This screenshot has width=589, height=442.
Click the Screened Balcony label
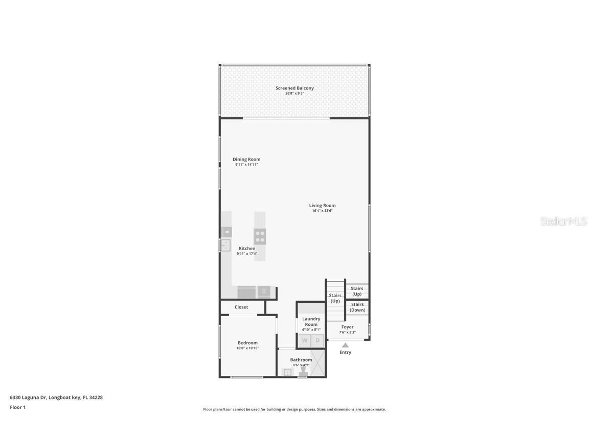[x=294, y=88]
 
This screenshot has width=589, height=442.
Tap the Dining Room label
[x=246, y=159]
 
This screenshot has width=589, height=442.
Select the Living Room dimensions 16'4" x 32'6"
[x=322, y=211]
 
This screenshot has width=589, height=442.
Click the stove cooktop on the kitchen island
[x=260, y=236]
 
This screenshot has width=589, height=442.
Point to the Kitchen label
[x=247, y=248]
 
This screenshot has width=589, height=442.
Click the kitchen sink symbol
[x=225, y=246]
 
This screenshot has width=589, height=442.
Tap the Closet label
[x=241, y=307]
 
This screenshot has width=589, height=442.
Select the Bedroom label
[x=247, y=343]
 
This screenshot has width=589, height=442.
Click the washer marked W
[x=305, y=340]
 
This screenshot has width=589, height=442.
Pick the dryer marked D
[x=318, y=340]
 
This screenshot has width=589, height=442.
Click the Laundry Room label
[x=311, y=321]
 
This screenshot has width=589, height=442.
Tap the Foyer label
[x=347, y=327]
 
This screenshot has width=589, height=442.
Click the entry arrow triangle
[x=345, y=345]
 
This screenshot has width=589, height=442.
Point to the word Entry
[x=345, y=352]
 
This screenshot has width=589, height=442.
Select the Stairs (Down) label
[x=357, y=307]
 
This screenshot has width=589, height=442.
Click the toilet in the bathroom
[x=303, y=370]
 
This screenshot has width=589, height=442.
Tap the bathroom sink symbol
[x=287, y=372]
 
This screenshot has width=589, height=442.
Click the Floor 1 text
[x=17, y=407]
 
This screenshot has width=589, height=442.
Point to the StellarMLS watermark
[x=564, y=221]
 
